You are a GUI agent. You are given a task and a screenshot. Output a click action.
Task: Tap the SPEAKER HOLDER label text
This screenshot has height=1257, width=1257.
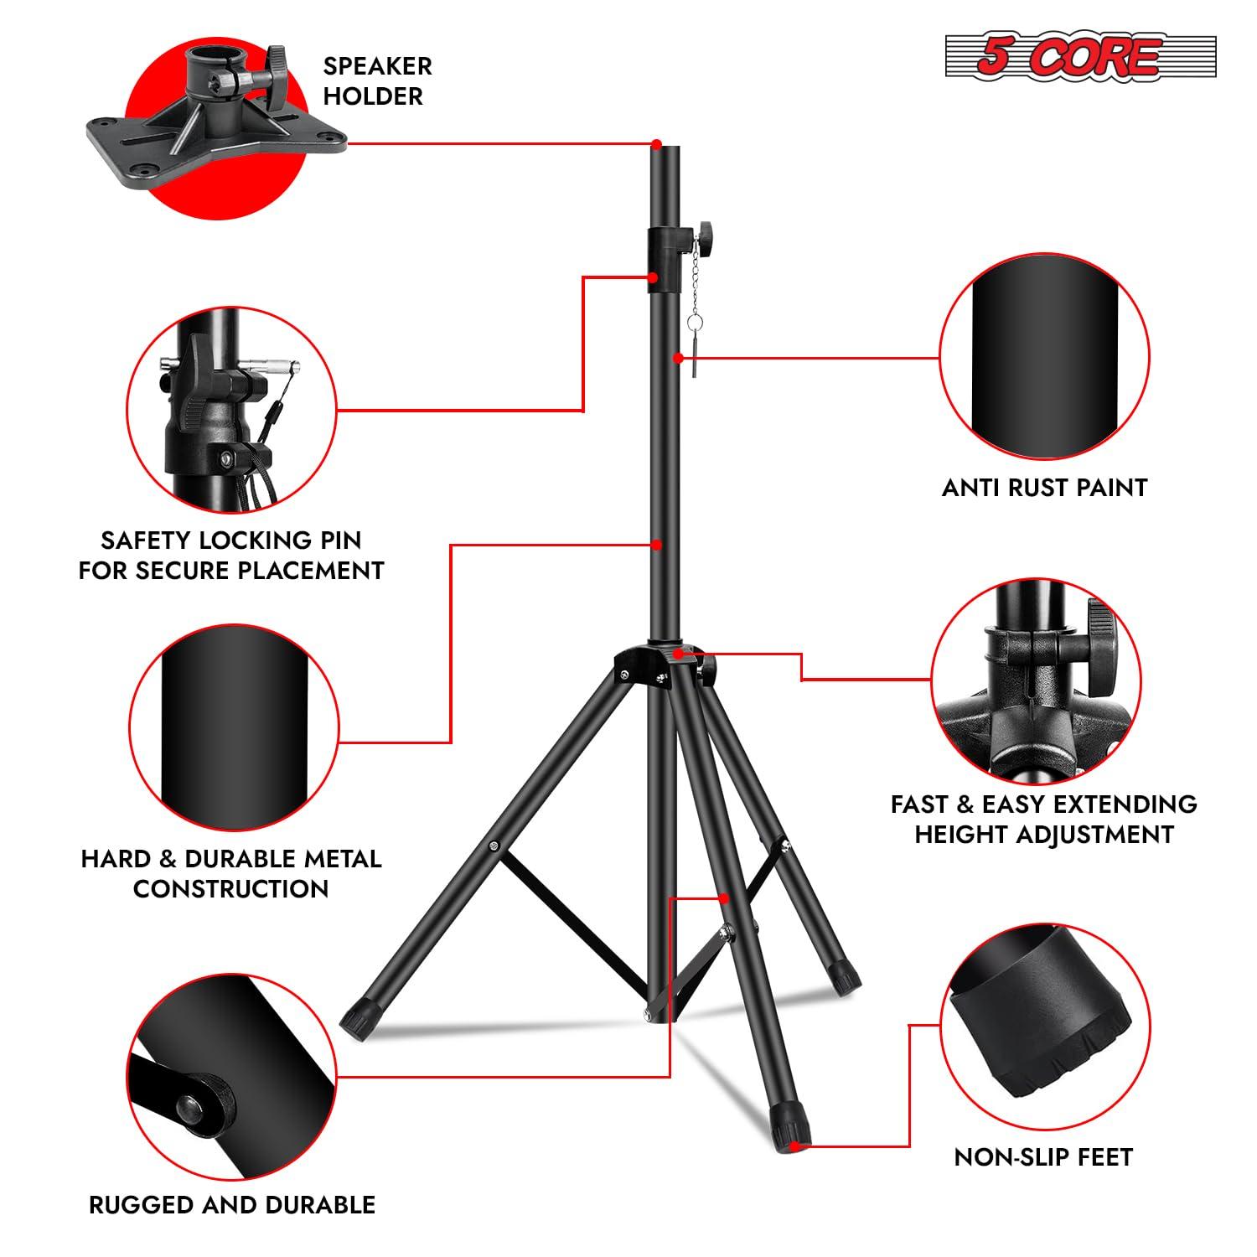(x=377, y=80)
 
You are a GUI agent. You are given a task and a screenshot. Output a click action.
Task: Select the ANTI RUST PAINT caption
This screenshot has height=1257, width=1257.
(x=1044, y=488)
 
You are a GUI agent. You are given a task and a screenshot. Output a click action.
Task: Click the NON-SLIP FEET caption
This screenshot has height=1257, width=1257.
(x=1043, y=1157)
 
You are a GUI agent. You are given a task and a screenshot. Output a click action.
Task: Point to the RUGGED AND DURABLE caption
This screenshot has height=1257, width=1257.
(x=232, y=1205)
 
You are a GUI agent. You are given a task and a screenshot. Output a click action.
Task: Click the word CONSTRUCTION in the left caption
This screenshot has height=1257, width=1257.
(x=230, y=889)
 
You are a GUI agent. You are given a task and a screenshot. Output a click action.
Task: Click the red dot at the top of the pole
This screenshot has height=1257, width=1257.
(x=657, y=144)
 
